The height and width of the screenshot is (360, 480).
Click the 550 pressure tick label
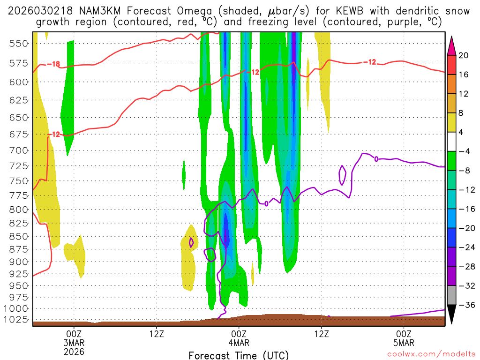tap(17, 43)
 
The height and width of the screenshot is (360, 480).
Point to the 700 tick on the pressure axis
tap(17, 150)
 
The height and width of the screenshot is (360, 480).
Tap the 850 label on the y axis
tap(17, 236)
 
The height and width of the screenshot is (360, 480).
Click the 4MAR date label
tap(239, 342)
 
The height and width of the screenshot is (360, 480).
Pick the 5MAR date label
tap(404, 342)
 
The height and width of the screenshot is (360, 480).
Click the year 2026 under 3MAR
tap(74, 351)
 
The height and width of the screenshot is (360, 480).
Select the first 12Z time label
tap(157, 334)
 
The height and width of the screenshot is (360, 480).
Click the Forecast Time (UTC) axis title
tap(239, 355)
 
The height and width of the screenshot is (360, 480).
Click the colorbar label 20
tap(464, 55)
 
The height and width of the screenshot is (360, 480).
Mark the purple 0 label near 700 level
tap(376, 159)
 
